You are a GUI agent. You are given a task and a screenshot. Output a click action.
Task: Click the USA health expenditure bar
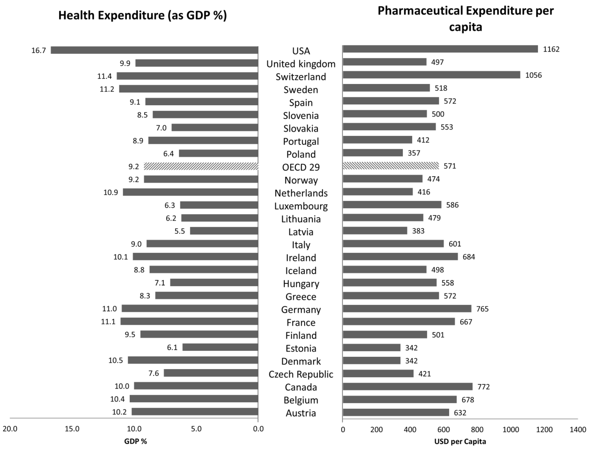tap(154, 50)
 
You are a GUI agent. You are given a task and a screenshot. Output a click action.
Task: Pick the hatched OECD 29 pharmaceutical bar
tap(391, 166)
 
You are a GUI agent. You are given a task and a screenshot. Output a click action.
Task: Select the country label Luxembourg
tap(301, 206)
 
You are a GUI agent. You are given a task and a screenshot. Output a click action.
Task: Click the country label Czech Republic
tap(301, 374)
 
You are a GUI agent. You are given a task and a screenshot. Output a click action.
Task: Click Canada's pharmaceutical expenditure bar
tap(407, 387)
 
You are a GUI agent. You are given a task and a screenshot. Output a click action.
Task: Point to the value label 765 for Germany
tap(482, 309)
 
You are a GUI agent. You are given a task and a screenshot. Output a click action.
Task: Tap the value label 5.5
tap(180, 231)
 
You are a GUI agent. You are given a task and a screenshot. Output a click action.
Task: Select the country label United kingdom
tap(301, 64)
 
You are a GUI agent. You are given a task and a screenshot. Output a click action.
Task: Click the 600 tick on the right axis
tap(443, 430)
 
